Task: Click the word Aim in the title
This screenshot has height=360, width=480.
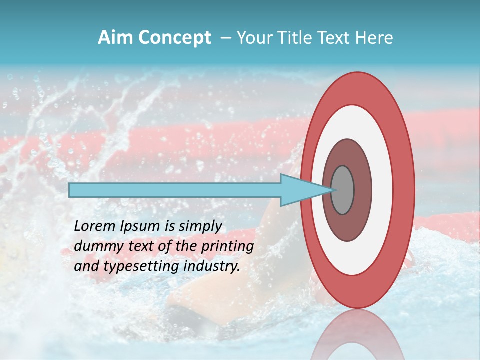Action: pyautogui.click(x=116, y=38)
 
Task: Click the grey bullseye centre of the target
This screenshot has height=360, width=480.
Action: pyautogui.click(x=342, y=190)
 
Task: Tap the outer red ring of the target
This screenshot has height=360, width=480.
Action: pyautogui.click(x=404, y=190)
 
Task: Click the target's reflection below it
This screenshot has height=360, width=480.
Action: pyautogui.click(x=357, y=335)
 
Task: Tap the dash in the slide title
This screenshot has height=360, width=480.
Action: pyautogui.click(x=225, y=38)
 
